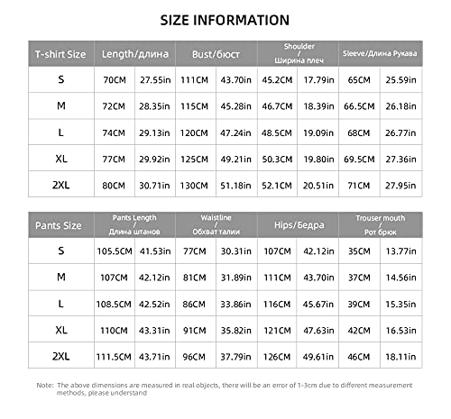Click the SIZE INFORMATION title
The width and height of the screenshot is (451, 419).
[x=225, y=20]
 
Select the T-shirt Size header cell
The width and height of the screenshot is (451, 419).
[x=60, y=54]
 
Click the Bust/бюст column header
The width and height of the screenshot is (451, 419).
[x=216, y=54]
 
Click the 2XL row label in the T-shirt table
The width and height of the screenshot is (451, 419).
[x=60, y=186]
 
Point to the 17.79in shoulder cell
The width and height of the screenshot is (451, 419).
[x=318, y=80]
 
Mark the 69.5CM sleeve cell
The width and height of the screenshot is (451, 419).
[x=359, y=159]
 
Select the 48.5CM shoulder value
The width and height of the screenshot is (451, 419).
[x=276, y=133]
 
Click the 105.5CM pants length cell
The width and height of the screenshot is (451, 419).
[x=113, y=250]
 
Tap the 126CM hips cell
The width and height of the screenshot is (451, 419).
[x=276, y=357]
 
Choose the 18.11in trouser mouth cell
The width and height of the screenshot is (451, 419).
[x=400, y=357]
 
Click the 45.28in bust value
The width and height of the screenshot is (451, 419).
[x=235, y=107]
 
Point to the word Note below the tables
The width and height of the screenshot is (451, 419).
[x=44, y=385]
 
